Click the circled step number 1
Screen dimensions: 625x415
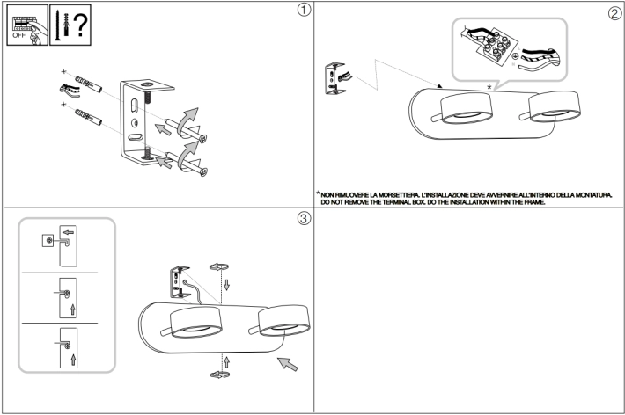click(304, 10)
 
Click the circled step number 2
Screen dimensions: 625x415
click(614, 13)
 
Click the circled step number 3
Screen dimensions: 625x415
click(304, 218)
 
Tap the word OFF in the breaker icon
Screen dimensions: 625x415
click(18, 35)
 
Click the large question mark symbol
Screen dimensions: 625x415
click(80, 25)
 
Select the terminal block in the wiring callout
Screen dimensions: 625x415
click(497, 45)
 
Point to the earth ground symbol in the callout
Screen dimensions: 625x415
click(515, 56)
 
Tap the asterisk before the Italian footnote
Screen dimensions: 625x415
click(318, 193)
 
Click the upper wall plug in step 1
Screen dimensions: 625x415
click(88, 84)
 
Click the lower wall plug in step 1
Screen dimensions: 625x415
click(88, 117)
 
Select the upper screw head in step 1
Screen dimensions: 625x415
click(202, 139)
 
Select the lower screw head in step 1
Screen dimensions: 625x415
click(203, 171)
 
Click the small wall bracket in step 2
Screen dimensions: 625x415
click(335, 78)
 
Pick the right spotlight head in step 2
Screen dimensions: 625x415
click(554, 106)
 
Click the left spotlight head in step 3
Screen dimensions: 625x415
click(195, 322)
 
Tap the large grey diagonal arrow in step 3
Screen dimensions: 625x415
click(287, 364)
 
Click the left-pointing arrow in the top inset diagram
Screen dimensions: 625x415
click(68, 232)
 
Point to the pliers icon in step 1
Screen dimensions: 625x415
click(70, 91)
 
